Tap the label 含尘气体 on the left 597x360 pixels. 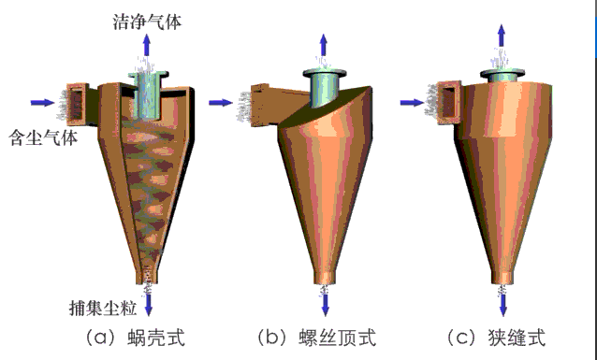(39, 137)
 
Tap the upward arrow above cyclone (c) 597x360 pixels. (502, 37)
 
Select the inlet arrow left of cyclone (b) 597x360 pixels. (221, 101)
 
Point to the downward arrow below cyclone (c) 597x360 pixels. (502, 301)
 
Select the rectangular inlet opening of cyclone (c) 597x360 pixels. (449, 101)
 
